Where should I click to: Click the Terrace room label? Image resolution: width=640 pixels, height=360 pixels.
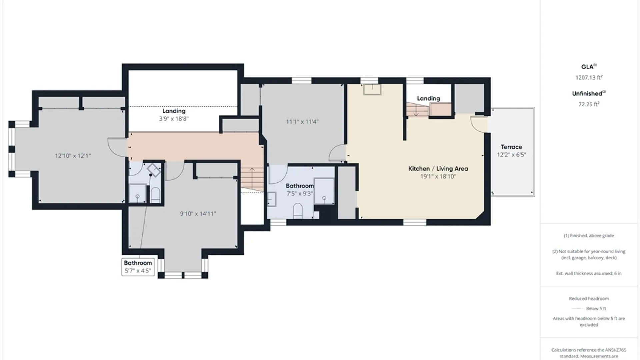pyautogui.click(x=511, y=147)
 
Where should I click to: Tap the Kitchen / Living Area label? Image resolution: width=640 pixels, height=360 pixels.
pyautogui.click(x=438, y=169)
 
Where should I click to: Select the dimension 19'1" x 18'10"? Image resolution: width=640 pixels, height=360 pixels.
pyautogui.click(x=438, y=177)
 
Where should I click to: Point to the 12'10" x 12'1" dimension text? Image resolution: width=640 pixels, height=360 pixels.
pyautogui.click(x=73, y=156)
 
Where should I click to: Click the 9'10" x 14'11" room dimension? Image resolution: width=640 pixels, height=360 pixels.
pyautogui.click(x=198, y=214)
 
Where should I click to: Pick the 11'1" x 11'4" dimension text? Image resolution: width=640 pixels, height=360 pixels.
pyautogui.click(x=302, y=122)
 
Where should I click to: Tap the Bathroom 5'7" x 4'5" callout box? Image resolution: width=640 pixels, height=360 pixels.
pyautogui.click(x=138, y=267)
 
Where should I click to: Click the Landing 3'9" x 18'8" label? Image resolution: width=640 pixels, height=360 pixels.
pyautogui.click(x=174, y=115)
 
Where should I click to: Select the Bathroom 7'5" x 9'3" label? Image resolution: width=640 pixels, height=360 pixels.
pyautogui.click(x=300, y=189)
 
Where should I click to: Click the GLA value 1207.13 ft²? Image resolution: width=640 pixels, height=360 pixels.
pyautogui.click(x=589, y=77)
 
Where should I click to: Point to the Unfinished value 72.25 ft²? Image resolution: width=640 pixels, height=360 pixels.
pyautogui.click(x=589, y=104)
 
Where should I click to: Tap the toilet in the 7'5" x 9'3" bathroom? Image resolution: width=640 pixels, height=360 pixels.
pyautogui.click(x=298, y=211)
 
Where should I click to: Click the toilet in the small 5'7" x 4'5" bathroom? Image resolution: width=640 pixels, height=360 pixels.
pyautogui.click(x=155, y=195)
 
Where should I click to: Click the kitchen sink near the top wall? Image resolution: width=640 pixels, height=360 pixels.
pyautogui.click(x=372, y=89)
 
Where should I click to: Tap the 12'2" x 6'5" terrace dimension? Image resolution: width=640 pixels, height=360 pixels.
pyautogui.click(x=511, y=155)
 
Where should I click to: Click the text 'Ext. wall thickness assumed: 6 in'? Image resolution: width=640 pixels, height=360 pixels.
pyautogui.click(x=589, y=273)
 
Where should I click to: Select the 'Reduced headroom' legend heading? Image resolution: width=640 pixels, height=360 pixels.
pyautogui.click(x=589, y=299)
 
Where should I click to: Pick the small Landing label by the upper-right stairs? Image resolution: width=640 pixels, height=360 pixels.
pyautogui.click(x=428, y=98)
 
